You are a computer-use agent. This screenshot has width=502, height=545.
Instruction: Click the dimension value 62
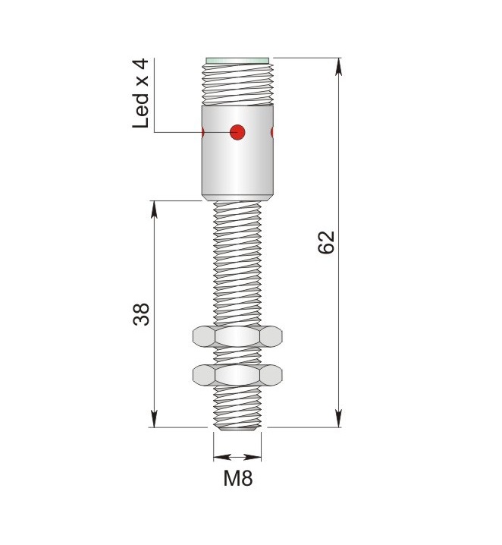pyautogui.click(x=326, y=242)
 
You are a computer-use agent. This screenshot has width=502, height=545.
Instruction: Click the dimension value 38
pyautogui.click(x=141, y=314)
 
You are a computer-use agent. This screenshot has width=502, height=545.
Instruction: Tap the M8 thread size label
pyautogui.click(x=238, y=478)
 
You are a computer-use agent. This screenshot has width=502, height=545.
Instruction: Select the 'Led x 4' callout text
pyautogui.click(x=140, y=93)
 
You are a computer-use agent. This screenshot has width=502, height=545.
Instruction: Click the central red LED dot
pyautogui.click(x=237, y=132)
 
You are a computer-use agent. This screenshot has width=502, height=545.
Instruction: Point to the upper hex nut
pyautogui.click(x=237, y=336)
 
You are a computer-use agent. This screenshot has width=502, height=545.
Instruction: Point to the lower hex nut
pyautogui.click(x=237, y=375)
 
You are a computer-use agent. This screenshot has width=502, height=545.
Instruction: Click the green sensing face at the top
pyautogui.click(x=237, y=61)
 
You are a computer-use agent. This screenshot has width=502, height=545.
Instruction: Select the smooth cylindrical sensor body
pyautogui.click(x=237, y=153)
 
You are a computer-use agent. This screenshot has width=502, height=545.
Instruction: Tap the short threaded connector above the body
pyautogui.click(x=237, y=84)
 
